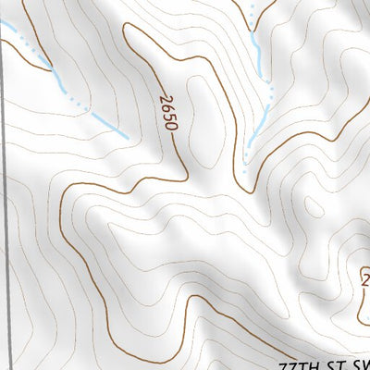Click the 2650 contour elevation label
click(x=166, y=110)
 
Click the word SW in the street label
click(x=359, y=363)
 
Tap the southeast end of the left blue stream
click(x=126, y=137)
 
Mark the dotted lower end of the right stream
click(x=245, y=163)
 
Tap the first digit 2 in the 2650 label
click(x=164, y=96)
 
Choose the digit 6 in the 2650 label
click(x=166, y=105)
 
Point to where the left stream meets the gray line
click(x=5, y=28)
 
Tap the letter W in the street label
click(x=364, y=363)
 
